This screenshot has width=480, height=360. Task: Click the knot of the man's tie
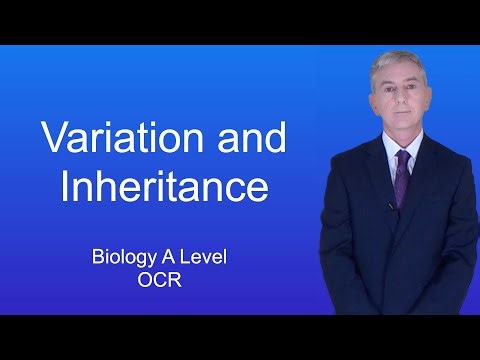(402, 156)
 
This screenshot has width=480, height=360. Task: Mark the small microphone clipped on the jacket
(391, 206)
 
